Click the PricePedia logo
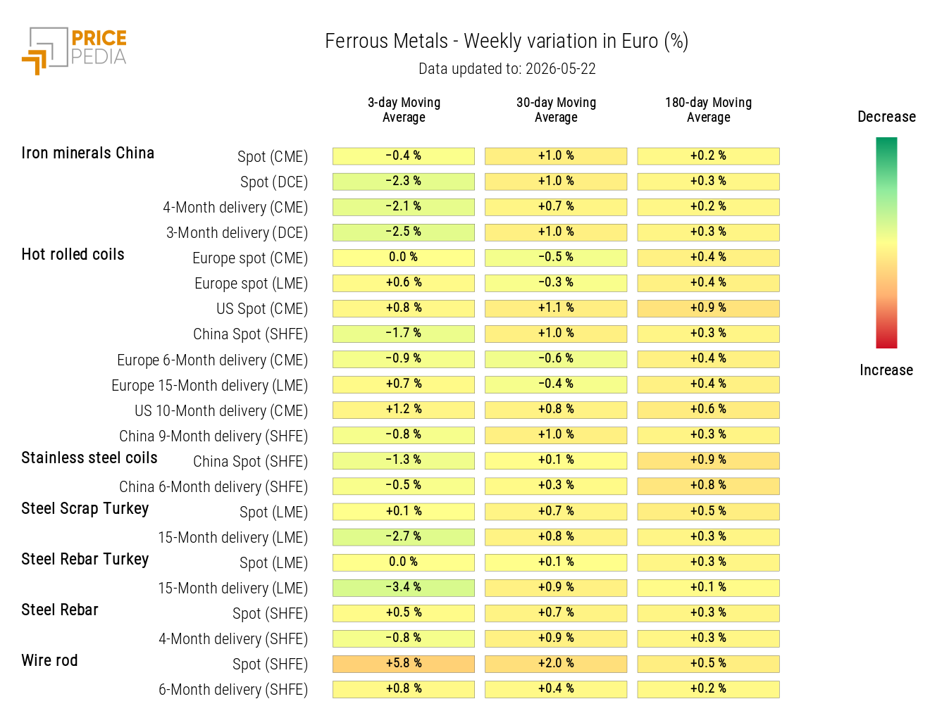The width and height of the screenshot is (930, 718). click(x=74, y=51)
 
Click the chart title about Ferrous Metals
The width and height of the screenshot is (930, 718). click(x=507, y=42)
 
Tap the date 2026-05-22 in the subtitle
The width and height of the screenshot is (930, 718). click(x=560, y=69)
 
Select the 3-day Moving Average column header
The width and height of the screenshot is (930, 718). click(x=404, y=110)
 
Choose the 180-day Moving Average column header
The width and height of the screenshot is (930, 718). click(x=708, y=110)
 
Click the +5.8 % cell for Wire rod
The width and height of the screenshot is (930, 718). click(x=404, y=664)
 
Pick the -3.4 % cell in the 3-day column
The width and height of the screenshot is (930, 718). click(x=404, y=588)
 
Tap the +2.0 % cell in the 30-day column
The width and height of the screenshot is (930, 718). click(x=556, y=664)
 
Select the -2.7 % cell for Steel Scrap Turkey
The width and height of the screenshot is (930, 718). click(x=404, y=536)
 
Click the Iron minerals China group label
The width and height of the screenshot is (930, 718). click(x=88, y=153)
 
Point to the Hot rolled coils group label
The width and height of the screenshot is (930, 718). click(x=73, y=254)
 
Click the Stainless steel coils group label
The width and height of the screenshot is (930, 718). click(x=89, y=458)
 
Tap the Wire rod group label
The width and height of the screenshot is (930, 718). click(x=49, y=660)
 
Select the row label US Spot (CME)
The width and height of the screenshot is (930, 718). click(x=262, y=309)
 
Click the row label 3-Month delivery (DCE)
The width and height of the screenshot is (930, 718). click(x=237, y=233)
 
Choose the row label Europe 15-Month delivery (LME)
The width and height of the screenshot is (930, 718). click(x=210, y=385)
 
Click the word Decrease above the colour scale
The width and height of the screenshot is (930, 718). click(x=887, y=117)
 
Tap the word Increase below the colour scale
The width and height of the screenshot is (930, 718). click(x=886, y=370)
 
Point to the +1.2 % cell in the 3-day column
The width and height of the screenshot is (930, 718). click(x=404, y=410)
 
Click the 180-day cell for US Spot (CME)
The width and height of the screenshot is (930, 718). click(x=708, y=308)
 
